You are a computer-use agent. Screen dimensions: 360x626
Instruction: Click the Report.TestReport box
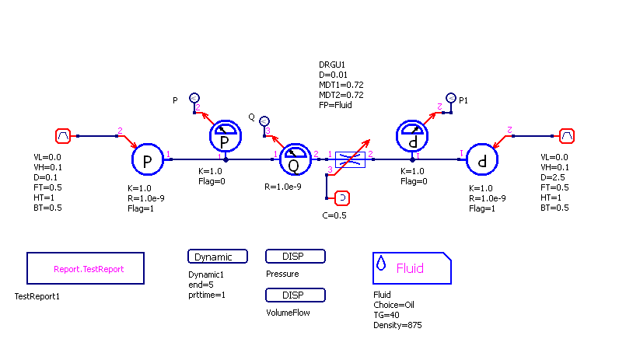pyautogui.click(x=86, y=268)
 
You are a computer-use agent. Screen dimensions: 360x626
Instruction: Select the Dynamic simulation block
pyautogui.click(x=218, y=257)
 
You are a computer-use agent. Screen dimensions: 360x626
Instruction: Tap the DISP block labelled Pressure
pyautogui.click(x=296, y=257)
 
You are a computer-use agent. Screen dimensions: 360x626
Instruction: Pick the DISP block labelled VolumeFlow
pyautogui.click(x=296, y=295)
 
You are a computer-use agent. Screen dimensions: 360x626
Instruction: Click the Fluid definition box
pyautogui.click(x=412, y=268)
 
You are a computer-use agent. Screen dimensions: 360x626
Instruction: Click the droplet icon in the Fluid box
pyautogui.click(x=382, y=264)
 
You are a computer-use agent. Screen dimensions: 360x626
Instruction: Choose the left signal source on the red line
pyautogui.click(x=64, y=136)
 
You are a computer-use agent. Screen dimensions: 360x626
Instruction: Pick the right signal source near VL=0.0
pyautogui.click(x=568, y=136)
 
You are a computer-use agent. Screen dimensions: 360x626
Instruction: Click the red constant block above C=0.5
pyautogui.click(x=341, y=199)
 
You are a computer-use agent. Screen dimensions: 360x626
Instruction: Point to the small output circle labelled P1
pyautogui.click(x=450, y=99)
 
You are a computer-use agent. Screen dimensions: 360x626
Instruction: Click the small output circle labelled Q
pyautogui.click(x=264, y=121)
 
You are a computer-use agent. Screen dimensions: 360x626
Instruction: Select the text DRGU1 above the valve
pyautogui.click(x=332, y=64)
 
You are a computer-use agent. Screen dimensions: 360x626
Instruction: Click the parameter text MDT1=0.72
pyautogui.click(x=341, y=84)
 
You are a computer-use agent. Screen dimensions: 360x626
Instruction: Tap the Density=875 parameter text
pyautogui.click(x=397, y=324)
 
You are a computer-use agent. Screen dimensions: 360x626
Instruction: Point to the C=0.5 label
pyautogui.click(x=334, y=215)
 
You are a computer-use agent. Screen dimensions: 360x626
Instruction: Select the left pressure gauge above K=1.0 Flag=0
pyautogui.click(x=226, y=137)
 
